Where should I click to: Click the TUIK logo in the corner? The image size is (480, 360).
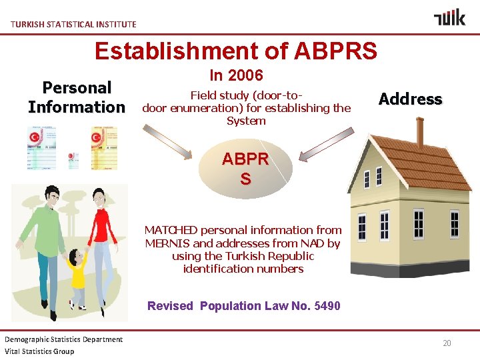pos(449,17)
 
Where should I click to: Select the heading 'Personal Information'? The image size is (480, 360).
pos(76,97)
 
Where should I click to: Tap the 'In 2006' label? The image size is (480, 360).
pos(236,75)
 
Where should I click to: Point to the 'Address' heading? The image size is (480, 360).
pos(410,99)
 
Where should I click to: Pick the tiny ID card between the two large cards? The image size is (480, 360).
pos(73,160)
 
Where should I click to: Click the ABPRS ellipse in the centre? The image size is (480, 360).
pos(245,169)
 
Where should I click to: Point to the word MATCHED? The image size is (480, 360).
pos(172,230)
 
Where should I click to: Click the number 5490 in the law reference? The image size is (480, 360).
pos(326,306)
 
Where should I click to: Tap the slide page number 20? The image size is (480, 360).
pos(447,343)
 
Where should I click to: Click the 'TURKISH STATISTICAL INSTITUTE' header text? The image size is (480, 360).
pos(73,24)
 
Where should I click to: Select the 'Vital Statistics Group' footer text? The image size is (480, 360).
pos(39,351)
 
